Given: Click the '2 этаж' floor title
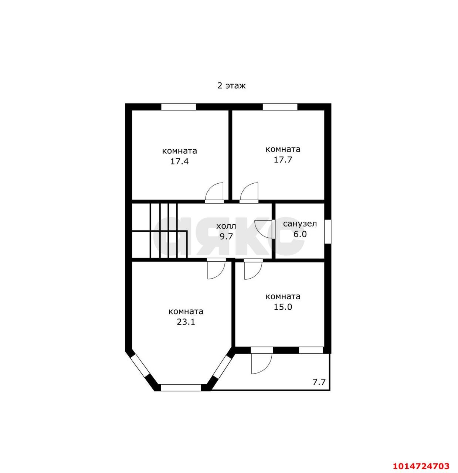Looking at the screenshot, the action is coord(231,86).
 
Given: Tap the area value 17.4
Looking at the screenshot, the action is coord(179,161).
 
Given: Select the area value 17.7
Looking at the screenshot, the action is coord(283,160).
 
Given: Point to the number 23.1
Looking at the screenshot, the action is coord(186,322).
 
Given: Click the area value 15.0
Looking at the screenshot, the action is coord(283,307).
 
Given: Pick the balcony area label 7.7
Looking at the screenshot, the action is coord(319,382).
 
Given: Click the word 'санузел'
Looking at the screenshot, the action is coord(300,224).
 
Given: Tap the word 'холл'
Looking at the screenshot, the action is coord(226,226).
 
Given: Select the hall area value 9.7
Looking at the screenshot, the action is coord(226,236).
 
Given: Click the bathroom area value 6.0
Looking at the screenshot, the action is coord(300,234).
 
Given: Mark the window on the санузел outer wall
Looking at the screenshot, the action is coord(328,231).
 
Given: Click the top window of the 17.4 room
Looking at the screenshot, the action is coord(179,107).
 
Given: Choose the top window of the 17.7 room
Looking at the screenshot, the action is coord(280,107).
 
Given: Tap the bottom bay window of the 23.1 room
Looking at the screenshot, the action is coord(181,388).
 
